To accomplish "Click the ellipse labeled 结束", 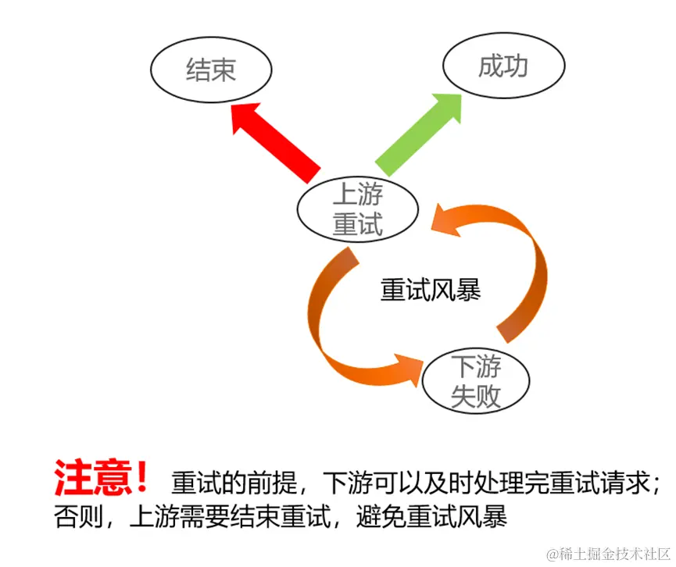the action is [211, 72].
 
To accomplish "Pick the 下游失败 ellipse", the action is [476, 382].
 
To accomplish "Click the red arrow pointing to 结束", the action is [277, 141].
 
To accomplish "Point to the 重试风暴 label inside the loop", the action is [431, 291].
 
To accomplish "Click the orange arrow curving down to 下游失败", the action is [344, 328].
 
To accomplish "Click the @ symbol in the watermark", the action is [553, 553].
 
